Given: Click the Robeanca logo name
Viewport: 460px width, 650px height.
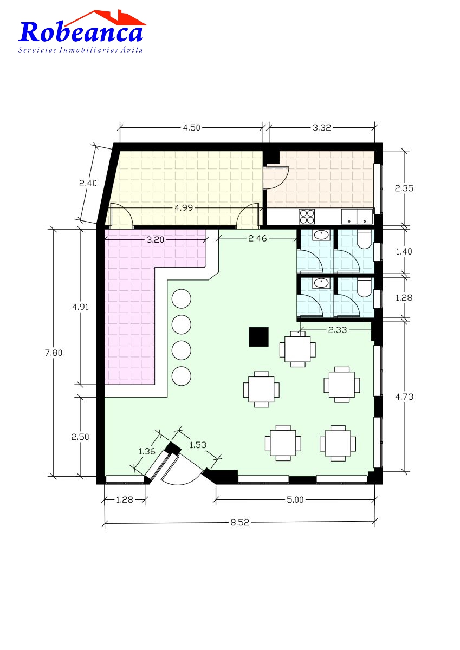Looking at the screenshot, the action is (81, 32).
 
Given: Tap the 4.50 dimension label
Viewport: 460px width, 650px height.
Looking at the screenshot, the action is (192, 128).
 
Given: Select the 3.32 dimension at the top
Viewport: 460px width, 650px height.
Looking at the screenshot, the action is (322, 128).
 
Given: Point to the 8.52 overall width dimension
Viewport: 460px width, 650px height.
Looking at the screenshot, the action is (239, 522).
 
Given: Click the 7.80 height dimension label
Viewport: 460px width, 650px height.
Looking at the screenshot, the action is (54, 353).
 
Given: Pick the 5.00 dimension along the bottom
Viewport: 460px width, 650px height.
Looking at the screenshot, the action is (295, 499).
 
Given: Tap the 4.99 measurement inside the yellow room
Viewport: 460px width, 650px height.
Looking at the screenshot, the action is (184, 208).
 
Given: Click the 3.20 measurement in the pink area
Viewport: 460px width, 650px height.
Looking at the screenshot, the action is (156, 239).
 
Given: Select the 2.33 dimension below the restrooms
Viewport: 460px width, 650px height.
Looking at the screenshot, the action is (338, 330).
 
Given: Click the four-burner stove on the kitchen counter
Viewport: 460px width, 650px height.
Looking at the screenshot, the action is (307, 217).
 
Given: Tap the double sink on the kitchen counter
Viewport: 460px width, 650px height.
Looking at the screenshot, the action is (357, 217).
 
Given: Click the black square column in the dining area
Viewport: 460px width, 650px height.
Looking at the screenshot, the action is (258, 336).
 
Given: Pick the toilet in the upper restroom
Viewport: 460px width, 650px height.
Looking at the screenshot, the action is (364, 239).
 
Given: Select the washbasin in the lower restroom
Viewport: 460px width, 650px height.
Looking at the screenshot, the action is (321, 283).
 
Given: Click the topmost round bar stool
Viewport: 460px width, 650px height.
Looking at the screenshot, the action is (182, 298).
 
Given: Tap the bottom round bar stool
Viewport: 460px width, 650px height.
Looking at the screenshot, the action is (182, 376).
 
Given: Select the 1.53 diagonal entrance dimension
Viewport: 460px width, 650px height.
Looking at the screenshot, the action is (198, 445).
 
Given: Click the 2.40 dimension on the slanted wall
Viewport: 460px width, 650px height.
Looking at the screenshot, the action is (88, 183).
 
